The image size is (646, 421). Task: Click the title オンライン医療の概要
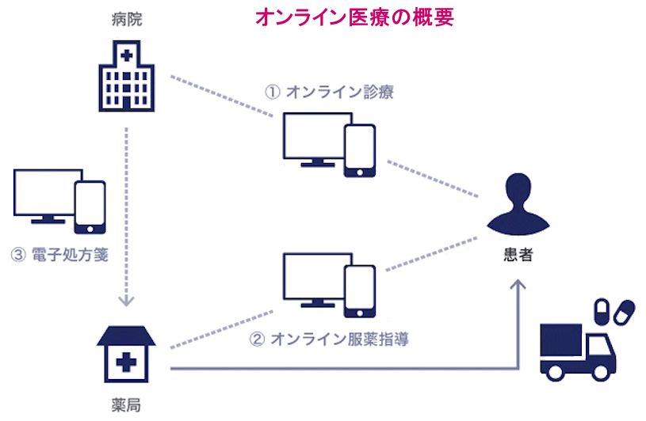[354, 18]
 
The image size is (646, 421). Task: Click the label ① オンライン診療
[329, 92]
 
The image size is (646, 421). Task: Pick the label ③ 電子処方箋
[59, 255]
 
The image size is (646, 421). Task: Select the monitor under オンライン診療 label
[312, 138]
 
